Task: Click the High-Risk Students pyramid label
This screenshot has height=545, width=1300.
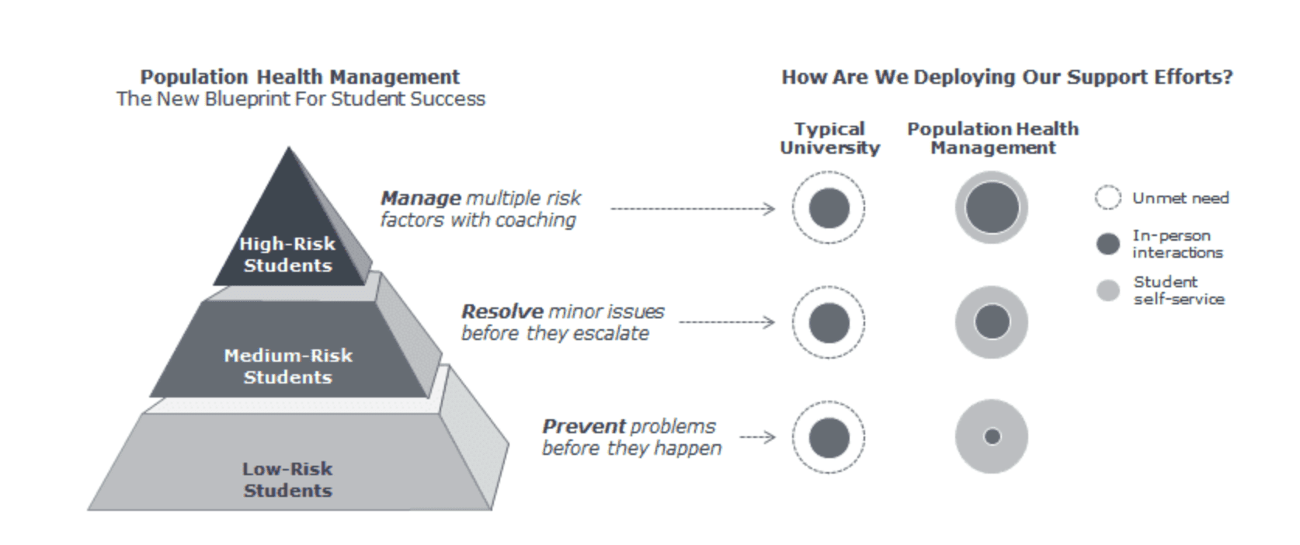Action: pyautogui.click(x=287, y=254)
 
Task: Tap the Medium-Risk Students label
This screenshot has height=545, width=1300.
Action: pyautogui.click(x=288, y=366)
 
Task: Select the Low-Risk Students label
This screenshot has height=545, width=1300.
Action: pyautogui.click(x=287, y=480)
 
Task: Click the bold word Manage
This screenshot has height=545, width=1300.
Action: pyautogui.click(x=421, y=199)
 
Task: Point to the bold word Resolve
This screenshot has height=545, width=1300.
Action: pyautogui.click(x=502, y=311)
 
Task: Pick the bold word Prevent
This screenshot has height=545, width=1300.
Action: pyautogui.click(x=584, y=426)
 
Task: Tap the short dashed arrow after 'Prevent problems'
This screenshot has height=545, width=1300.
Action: pyautogui.click(x=757, y=437)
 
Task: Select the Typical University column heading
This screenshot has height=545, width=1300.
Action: pyautogui.click(x=830, y=138)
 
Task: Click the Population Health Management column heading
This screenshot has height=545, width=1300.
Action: pyautogui.click(x=993, y=138)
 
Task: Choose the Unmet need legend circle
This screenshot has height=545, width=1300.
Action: pyautogui.click(x=1108, y=197)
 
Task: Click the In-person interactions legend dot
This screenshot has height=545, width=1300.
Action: pyautogui.click(x=1108, y=244)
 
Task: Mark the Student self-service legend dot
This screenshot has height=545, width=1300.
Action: pyautogui.click(x=1108, y=290)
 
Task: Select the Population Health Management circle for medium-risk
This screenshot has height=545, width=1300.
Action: pyautogui.click(x=992, y=322)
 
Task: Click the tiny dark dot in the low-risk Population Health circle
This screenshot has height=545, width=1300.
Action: pyautogui.click(x=992, y=436)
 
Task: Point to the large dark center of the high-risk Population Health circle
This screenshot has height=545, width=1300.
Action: pyautogui.click(x=992, y=208)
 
